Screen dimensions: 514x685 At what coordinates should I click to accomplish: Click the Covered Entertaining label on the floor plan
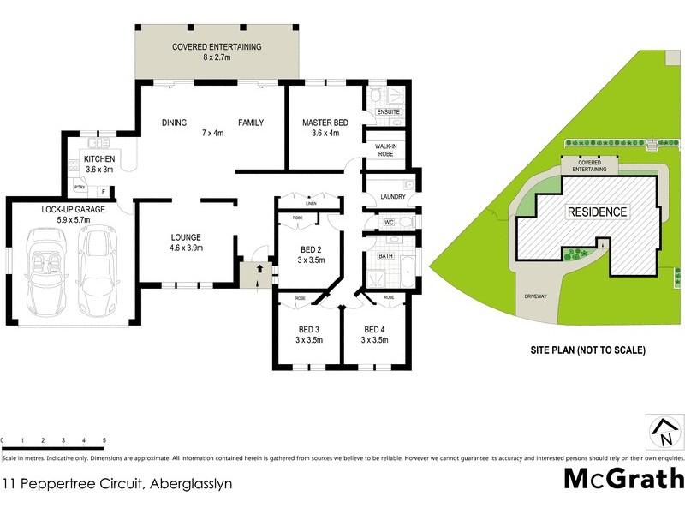pos(217,52)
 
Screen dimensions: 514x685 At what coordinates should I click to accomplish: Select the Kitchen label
pos(99,164)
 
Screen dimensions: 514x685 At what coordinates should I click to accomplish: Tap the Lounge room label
pos(186,242)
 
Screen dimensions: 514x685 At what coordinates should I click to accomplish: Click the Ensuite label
pos(388,112)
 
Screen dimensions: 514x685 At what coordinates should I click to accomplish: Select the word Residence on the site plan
pos(597,212)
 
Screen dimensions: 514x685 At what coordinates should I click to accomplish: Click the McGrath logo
pos(623,477)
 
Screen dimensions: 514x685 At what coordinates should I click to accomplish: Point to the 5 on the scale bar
pos(104,440)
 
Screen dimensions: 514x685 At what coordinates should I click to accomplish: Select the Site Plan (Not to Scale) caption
pos(587,350)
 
